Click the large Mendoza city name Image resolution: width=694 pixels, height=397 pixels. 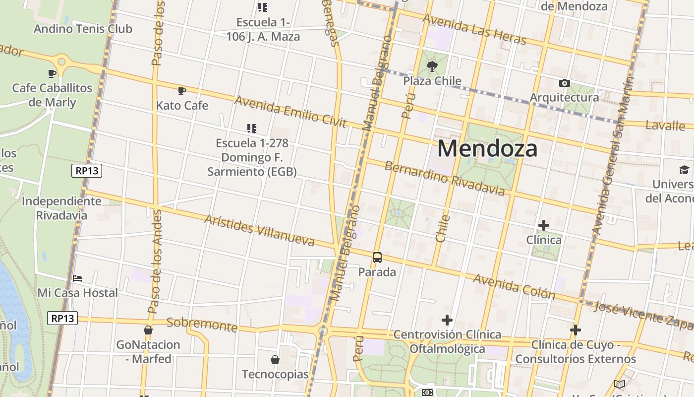[487, 148]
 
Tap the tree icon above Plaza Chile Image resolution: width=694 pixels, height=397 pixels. [432, 66]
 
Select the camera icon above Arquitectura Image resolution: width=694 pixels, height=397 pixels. [564, 83]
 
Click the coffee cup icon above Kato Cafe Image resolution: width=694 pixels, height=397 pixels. [182, 91]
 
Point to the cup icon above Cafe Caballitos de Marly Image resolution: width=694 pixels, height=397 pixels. [52, 74]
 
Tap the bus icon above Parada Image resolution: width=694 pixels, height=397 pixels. [377, 258]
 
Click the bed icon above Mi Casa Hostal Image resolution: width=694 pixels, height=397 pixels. [77, 278]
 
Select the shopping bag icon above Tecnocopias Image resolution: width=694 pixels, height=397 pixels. [275, 360]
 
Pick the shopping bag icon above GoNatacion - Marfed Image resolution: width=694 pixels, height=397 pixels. [148, 330]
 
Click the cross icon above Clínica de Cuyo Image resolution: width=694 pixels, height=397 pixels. [576, 330]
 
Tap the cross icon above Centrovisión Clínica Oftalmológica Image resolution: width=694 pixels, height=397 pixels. [447, 320]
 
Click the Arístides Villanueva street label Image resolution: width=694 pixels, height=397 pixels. [259, 230]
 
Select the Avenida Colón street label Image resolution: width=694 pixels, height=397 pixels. [514, 286]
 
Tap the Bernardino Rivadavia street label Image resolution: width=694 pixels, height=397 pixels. [445, 178]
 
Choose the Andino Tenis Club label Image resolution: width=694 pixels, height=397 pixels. [83, 29]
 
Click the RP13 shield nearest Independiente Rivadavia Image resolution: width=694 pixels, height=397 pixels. [87, 171]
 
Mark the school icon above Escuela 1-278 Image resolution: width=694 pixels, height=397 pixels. [252, 129]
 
